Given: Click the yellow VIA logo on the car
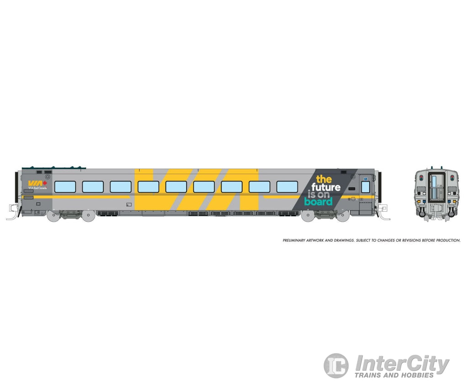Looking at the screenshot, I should (34, 183).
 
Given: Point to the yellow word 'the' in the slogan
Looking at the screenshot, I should (324, 179).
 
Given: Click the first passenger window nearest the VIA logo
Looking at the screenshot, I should (65, 187).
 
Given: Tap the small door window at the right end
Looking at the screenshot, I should (365, 187).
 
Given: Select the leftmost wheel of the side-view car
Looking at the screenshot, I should (53, 216).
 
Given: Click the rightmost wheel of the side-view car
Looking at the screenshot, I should (343, 216).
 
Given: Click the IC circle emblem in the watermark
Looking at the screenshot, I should (336, 366).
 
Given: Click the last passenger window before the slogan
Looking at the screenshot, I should (287, 187).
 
